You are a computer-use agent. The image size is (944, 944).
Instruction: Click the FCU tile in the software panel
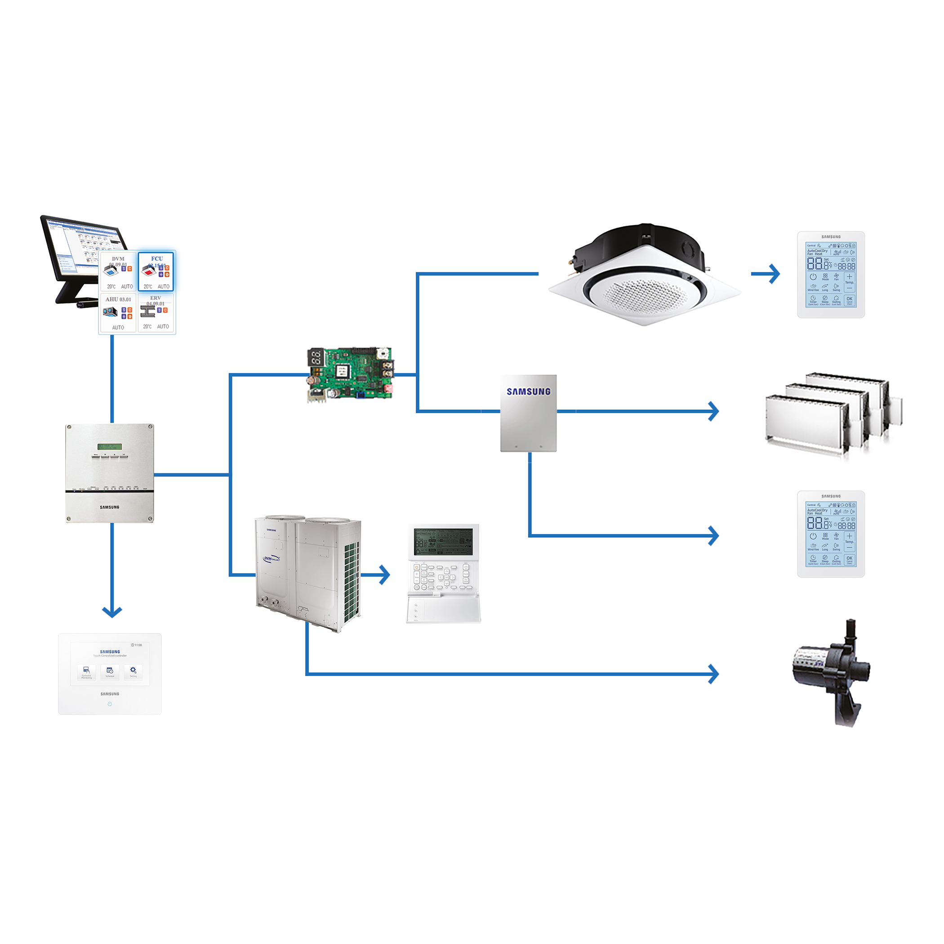click(156, 272)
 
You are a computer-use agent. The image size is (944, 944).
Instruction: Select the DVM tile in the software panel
click(118, 272)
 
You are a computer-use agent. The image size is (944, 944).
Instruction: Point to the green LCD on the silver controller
click(109, 446)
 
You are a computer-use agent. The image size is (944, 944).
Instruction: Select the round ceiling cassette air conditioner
click(644, 276)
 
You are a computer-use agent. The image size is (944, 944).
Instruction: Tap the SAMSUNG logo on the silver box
click(528, 392)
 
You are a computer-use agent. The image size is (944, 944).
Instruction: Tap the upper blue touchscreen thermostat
click(831, 275)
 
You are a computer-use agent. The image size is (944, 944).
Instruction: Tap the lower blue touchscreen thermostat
click(831, 534)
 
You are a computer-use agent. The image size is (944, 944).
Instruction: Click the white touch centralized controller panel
click(110, 674)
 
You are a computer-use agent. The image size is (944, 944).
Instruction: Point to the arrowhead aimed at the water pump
click(714, 674)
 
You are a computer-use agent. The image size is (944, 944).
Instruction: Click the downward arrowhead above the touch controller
click(112, 611)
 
